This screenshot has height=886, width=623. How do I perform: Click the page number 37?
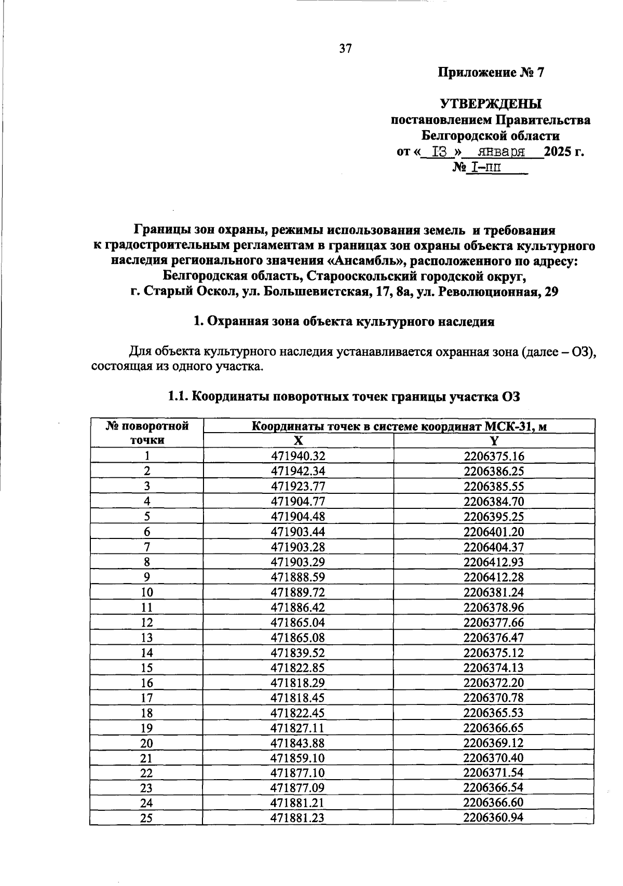coord(345,49)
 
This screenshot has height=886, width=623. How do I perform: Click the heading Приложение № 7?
coord(491,73)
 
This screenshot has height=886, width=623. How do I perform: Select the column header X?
coord(297,441)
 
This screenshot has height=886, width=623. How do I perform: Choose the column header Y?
coord(494,441)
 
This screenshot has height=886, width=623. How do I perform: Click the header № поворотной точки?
coord(147,433)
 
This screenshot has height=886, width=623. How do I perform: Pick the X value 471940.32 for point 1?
coord(297,456)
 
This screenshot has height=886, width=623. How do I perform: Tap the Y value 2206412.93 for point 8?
coord(494,562)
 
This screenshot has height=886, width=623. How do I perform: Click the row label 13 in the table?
coord(147,638)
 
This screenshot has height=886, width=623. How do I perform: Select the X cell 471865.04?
coord(297,622)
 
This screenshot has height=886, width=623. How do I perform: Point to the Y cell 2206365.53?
coord(494,713)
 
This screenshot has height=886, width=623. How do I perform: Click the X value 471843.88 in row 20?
coord(297,743)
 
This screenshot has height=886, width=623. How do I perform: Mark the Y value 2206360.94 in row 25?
coord(494,818)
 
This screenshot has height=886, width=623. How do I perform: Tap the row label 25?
coord(147,819)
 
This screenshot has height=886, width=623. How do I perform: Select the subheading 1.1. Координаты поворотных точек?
coord(343,397)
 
